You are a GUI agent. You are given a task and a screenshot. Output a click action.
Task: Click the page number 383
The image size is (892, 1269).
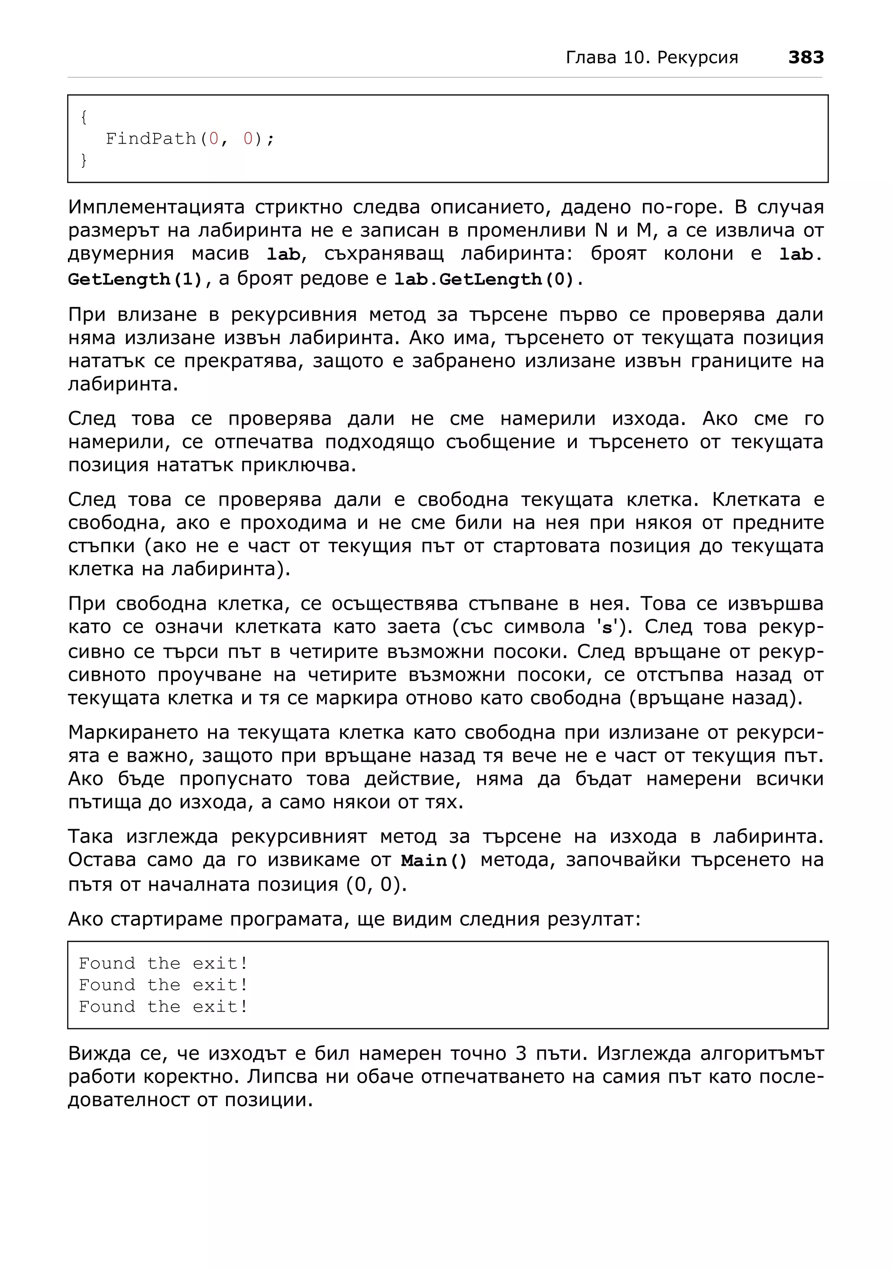point(805,57)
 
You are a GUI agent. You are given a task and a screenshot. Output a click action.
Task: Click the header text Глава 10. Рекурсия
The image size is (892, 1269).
point(652,57)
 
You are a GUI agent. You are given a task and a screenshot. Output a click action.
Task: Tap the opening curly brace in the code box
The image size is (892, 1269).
point(84,117)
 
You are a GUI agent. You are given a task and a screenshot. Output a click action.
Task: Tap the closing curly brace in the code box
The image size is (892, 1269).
point(84,160)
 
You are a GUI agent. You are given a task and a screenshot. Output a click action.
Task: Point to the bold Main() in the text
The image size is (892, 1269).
point(434,861)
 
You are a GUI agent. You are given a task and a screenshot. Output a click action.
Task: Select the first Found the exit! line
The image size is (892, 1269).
point(163,964)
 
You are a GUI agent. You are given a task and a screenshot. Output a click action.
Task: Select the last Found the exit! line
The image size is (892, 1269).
point(163,1007)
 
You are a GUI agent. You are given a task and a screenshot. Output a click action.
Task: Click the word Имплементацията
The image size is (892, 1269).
point(156,208)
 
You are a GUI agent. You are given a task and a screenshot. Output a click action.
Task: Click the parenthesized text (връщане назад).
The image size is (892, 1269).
point(716,698)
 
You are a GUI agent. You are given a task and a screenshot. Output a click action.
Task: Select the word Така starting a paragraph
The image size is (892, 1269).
point(90,837)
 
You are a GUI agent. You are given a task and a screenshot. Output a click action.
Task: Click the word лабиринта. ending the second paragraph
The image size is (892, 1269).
point(123,385)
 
